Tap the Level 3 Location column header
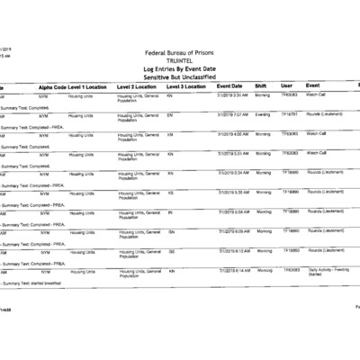(x=185, y=86)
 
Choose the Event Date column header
(x=230, y=86)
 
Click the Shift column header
(x=260, y=86)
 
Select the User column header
(x=286, y=86)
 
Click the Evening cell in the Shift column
(x=263, y=114)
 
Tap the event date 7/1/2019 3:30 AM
(x=233, y=94)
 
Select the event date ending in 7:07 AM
(x=233, y=114)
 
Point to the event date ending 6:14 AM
(x=233, y=270)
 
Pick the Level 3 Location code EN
(x=170, y=114)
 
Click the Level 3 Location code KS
(x=170, y=192)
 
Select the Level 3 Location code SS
(x=171, y=250)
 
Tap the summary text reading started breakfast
(x=36, y=283)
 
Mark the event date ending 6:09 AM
(x=233, y=231)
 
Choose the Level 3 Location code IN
(x=170, y=211)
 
